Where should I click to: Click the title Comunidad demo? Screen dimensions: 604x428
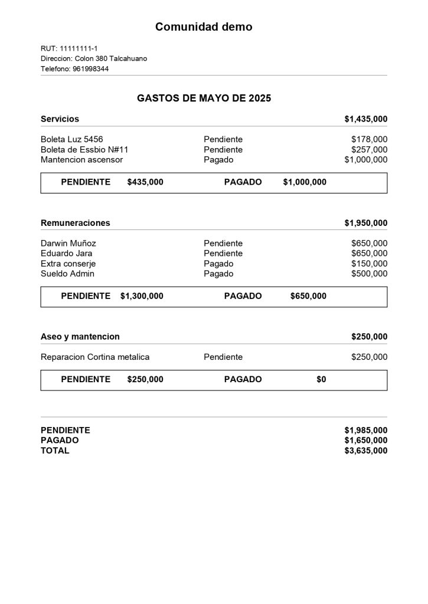point(204,27)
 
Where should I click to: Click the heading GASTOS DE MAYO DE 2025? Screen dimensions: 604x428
point(204,99)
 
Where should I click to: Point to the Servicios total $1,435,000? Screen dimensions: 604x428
point(366,119)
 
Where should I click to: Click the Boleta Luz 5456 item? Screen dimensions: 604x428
point(71,139)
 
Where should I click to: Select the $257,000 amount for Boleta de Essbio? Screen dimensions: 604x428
point(369,150)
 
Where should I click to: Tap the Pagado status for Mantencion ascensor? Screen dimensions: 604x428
point(218,160)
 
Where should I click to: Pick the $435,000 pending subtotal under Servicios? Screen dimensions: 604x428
point(145,182)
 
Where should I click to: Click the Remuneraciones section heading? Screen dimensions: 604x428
point(75,223)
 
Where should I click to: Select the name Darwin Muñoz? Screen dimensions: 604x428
point(68,243)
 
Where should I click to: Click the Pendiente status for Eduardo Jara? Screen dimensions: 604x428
point(223,254)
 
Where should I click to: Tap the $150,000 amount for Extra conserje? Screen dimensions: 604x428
point(369,264)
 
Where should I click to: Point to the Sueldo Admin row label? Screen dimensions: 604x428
point(67,274)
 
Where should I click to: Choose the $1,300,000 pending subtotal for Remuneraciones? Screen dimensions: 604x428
point(142,296)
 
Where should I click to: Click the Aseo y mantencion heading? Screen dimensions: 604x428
point(80,337)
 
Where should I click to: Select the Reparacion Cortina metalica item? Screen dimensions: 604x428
point(95,357)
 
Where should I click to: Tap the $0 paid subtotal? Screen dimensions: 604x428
point(321,379)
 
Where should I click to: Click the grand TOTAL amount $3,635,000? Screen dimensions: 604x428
point(366,451)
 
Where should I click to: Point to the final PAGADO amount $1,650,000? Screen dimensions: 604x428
point(366,441)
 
